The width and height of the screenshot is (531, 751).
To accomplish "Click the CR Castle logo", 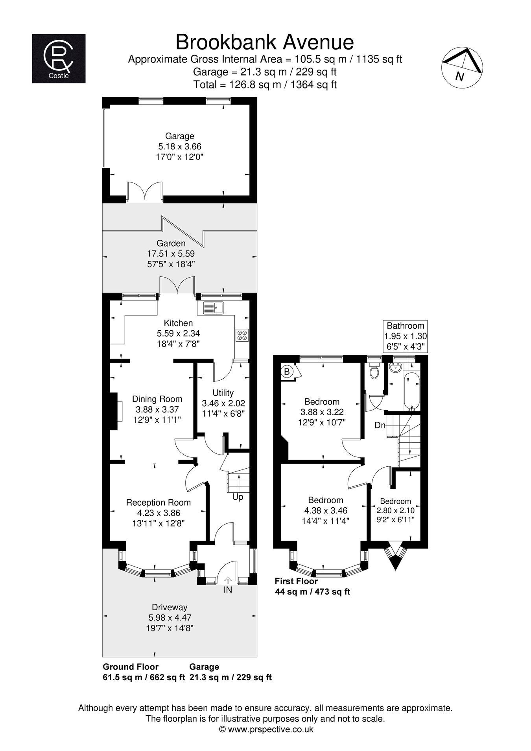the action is [59, 59].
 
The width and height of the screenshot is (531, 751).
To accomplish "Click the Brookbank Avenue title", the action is [265, 42].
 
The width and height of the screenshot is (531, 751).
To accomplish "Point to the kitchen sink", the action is [213, 308].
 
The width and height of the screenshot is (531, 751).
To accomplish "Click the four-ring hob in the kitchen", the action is [242, 335].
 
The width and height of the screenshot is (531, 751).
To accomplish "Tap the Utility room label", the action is [223, 392].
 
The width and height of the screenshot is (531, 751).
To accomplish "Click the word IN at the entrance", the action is [228, 590].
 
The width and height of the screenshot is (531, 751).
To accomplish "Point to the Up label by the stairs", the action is [238, 497].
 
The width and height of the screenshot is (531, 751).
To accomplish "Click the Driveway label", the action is [169, 607].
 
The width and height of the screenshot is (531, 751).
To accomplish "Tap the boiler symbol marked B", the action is [287, 371].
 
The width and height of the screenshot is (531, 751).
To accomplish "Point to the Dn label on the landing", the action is [380, 425].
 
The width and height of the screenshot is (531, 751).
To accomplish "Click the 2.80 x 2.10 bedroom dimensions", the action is [395, 510].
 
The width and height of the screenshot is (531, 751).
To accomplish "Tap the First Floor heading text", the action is [296, 581].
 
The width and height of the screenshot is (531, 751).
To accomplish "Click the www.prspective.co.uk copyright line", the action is [266, 729].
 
